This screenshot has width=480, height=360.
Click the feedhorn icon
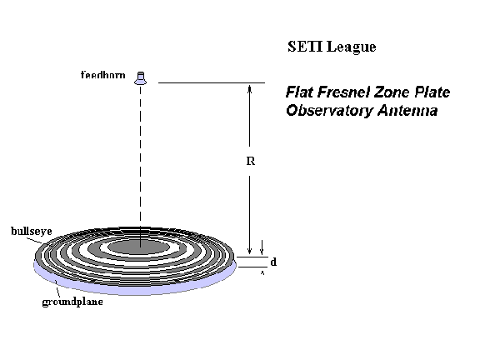(141, 78)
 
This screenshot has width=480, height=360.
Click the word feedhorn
(103, 75)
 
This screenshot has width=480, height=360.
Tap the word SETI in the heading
(305, 47)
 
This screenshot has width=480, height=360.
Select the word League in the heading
(352, 47)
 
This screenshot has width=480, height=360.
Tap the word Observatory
(329, 111)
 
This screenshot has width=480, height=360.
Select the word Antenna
(407, 111)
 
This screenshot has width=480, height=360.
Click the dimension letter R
(250, 161)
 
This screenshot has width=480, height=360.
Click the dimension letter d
(273, 262)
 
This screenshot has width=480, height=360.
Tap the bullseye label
(31, 231)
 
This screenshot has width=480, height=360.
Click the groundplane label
(72, 302)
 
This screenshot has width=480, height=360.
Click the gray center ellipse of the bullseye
(138, 247)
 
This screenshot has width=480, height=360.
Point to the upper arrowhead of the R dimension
(249, 88)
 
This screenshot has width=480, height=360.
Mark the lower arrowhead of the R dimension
(249, 250)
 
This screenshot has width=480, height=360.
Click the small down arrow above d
(262, 247)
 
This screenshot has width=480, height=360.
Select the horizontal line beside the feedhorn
(212, 82)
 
